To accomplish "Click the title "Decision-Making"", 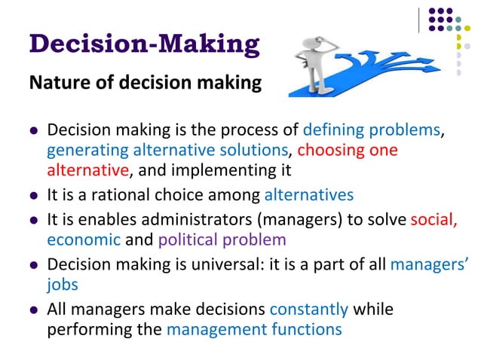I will point(144,44).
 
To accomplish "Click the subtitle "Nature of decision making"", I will point(145,83).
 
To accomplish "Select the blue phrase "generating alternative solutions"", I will point(168,149).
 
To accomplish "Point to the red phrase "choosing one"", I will point(348,149).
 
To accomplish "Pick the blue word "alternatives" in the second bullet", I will point(309,195).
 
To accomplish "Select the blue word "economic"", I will point(84,240).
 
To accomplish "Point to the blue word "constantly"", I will point(309,309).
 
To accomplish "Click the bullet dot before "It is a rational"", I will point(34,197).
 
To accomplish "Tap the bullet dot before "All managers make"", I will point(34,310).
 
